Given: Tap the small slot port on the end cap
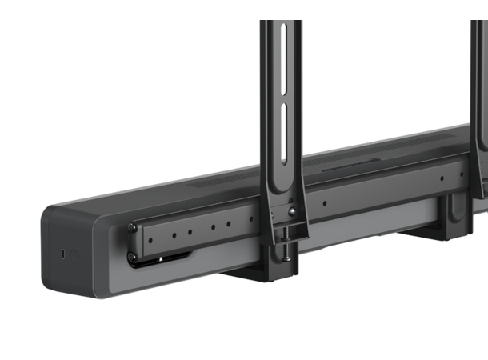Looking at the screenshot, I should click(63, 254).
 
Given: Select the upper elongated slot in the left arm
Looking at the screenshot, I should click(282, 55).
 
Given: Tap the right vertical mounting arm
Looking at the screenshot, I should click(478, 96).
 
